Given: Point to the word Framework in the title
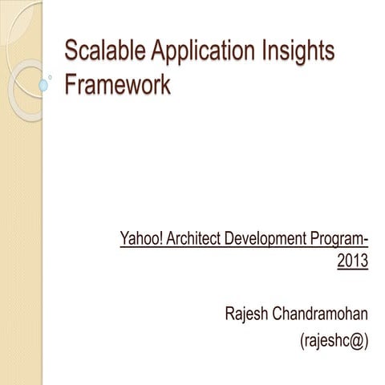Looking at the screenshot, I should [117, 86].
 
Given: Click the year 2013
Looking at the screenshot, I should [352, 261].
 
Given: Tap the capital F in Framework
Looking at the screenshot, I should [69, 86].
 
